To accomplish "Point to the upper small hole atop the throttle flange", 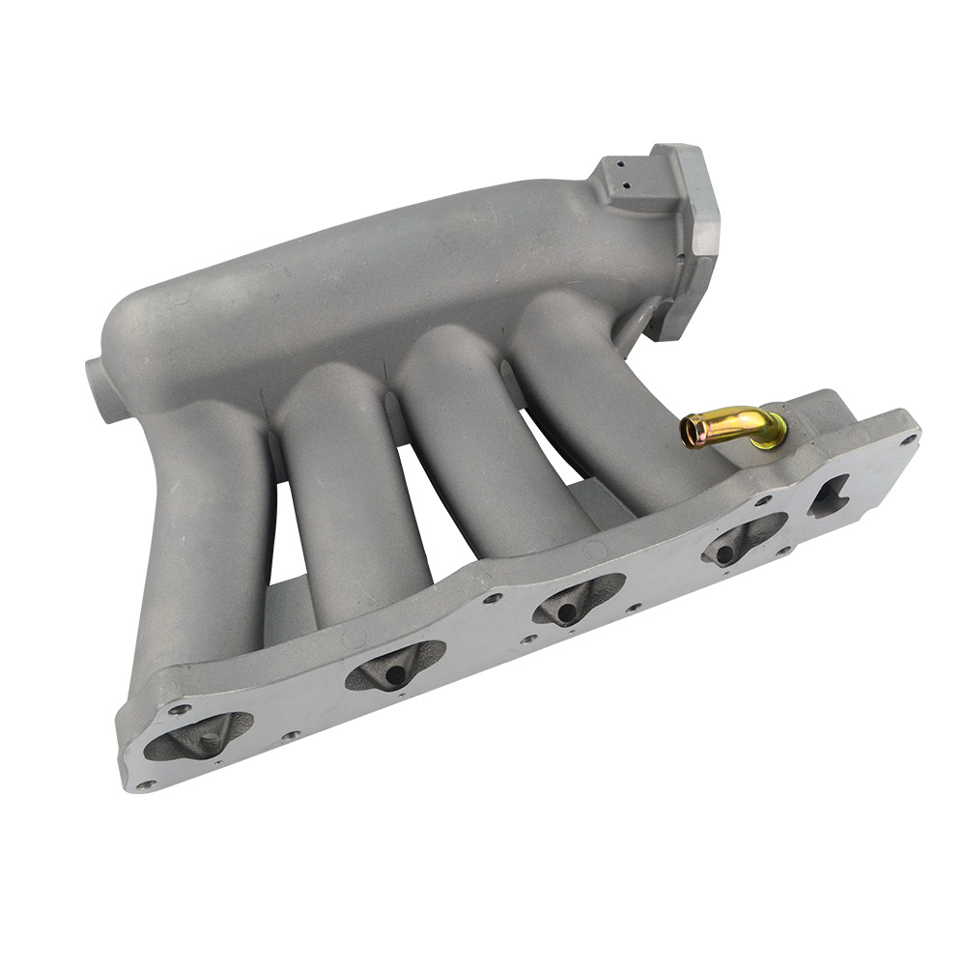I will pyautogui.click(x=618, y=166).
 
